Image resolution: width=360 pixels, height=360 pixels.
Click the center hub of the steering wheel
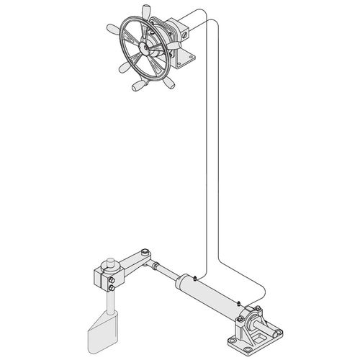pos(148,50)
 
